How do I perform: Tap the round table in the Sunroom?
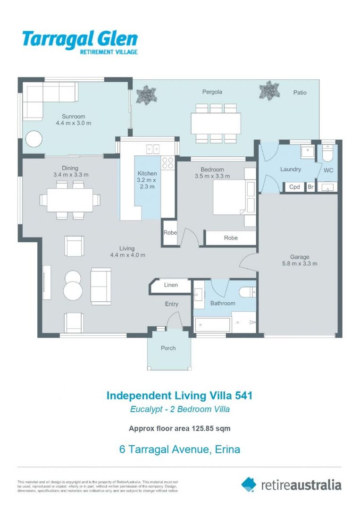click(x=33, y=139)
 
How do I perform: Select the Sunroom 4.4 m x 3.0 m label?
click(x=73, y=119)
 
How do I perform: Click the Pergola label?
click(x=212, y=92)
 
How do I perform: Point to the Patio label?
click(x=299, y=93)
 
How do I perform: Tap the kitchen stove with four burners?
click(x=167, y=163)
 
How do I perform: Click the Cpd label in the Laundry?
click(x=294, y=187)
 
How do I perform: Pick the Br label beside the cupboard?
click(x=310, y=187)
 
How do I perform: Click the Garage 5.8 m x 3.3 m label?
click(x=300, y=260)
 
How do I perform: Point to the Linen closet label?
click(x=171, y=285)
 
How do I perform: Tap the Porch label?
click(x=168, y=348)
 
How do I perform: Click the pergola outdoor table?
click(x=216, y=123)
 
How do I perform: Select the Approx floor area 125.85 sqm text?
click(x=179, y=429)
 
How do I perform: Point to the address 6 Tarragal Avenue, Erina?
click(x=179, y=449)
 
